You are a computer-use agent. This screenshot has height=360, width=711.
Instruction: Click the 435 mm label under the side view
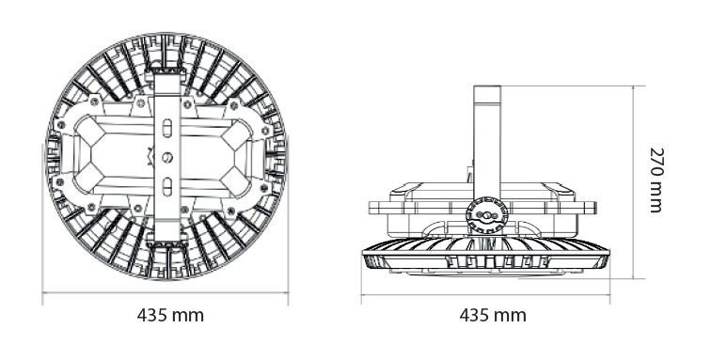click(x=492, y=315)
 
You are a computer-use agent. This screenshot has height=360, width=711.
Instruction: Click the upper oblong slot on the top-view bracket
click(x=166, y=127)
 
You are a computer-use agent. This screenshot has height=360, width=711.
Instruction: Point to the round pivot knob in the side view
click(x=486, y=215)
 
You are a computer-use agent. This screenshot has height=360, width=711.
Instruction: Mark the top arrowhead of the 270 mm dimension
click(x=637, y=87)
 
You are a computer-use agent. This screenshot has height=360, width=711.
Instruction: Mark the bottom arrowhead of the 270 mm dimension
click(x=637, y=277)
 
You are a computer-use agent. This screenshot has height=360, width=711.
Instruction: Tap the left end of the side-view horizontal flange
click(x=371, y=206)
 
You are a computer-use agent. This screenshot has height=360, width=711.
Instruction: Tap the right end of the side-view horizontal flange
click(x=602, y=206)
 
